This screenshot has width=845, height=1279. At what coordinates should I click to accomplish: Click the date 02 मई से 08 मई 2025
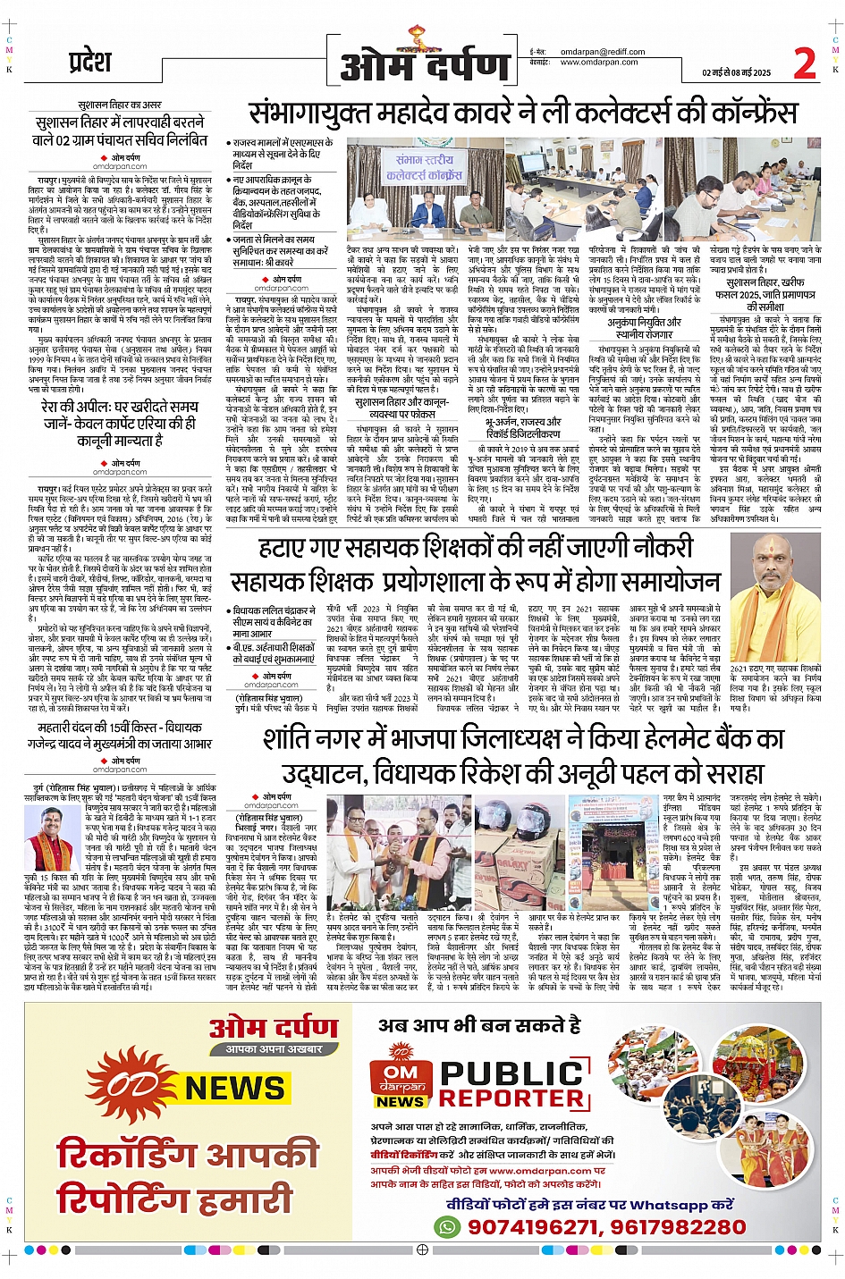736,73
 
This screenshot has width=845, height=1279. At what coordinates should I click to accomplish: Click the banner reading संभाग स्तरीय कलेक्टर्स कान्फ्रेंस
424,167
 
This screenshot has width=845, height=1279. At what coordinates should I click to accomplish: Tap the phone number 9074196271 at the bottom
532,1227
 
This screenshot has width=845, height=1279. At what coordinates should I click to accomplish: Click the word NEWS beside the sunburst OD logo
234,1088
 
